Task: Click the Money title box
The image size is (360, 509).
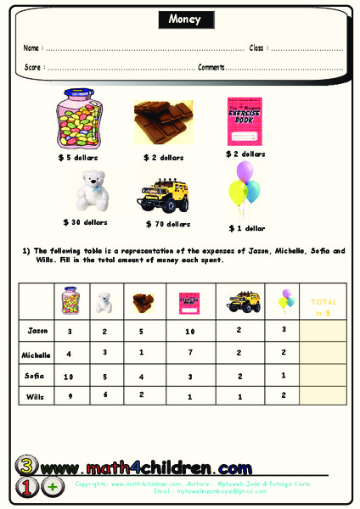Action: (x=179, y=20)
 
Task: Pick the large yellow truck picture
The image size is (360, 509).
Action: (x=166, y=194)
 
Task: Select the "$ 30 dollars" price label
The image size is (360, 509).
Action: (x=86, y=222)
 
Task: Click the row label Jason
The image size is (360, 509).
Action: (x=37, y=329)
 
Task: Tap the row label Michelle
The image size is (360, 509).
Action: (x=37, y=354)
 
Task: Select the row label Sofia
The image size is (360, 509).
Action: (x=37, y=376)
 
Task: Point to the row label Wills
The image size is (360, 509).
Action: (x=37, y=396)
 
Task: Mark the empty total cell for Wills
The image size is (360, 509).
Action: (x=323, y=396)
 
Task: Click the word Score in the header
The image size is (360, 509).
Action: (x=33, y=66)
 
